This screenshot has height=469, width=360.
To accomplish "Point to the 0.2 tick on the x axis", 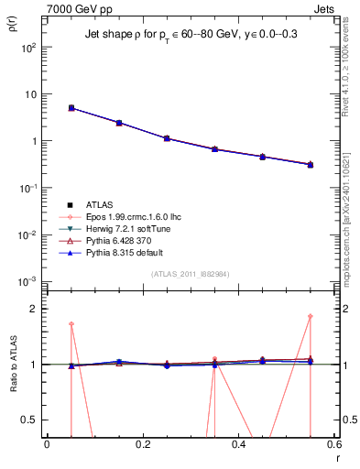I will (x=142, y=443).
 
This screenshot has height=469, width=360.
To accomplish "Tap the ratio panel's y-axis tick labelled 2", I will (x=35, y=309).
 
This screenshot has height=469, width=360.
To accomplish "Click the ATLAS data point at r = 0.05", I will (x=71, y=108).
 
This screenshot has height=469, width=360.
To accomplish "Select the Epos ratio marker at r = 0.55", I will (x=311, y=317).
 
